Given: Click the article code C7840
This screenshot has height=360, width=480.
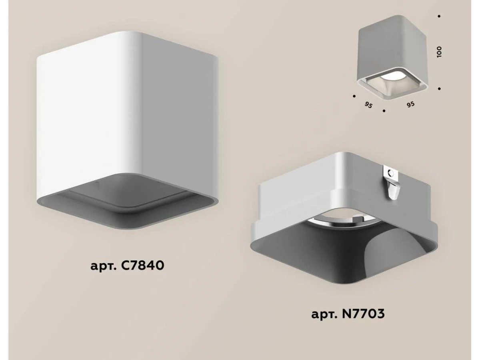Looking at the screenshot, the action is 142,266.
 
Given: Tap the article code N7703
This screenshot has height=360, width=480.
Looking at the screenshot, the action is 363,314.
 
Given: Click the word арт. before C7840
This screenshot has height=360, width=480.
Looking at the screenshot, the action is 103,267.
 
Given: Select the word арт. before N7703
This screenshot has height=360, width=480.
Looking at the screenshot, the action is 324,315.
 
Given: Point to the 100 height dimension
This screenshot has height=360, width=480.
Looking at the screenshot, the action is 439,52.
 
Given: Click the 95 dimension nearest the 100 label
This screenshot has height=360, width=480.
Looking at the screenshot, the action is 410,104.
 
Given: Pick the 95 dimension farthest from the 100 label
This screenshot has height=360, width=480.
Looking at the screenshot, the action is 368,105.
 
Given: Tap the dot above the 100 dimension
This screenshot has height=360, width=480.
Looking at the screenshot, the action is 439,16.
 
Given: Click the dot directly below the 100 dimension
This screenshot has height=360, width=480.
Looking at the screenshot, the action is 439,88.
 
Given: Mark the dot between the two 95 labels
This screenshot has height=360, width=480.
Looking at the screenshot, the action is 384,111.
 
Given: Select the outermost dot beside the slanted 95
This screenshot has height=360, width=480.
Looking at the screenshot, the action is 354,96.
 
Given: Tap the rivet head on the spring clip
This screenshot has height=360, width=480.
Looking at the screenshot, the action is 390,173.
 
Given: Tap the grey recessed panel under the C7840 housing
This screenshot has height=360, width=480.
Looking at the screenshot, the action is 127,202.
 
